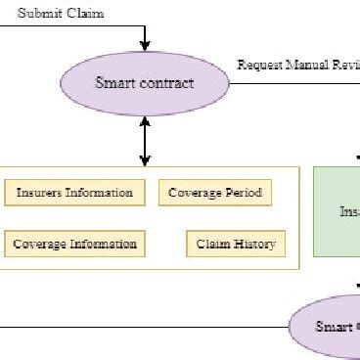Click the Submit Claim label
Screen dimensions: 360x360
(x=61, y=14)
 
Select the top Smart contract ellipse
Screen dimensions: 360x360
(x=146, y=82)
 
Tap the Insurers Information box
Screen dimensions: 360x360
(x=75, y=193)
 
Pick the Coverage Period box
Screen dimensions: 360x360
(x=214, y=193)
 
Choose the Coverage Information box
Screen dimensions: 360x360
(x=75, y=244)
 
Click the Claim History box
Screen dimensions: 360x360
(x=236, y=244)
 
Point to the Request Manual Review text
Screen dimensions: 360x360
(x=297, y=66)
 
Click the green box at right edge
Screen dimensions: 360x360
(x=337, y=211)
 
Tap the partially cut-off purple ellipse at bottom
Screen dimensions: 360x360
(x=328, y=325)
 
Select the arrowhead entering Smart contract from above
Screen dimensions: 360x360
(x=146, y=45)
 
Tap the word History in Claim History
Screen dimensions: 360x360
(x=253, y=244)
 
